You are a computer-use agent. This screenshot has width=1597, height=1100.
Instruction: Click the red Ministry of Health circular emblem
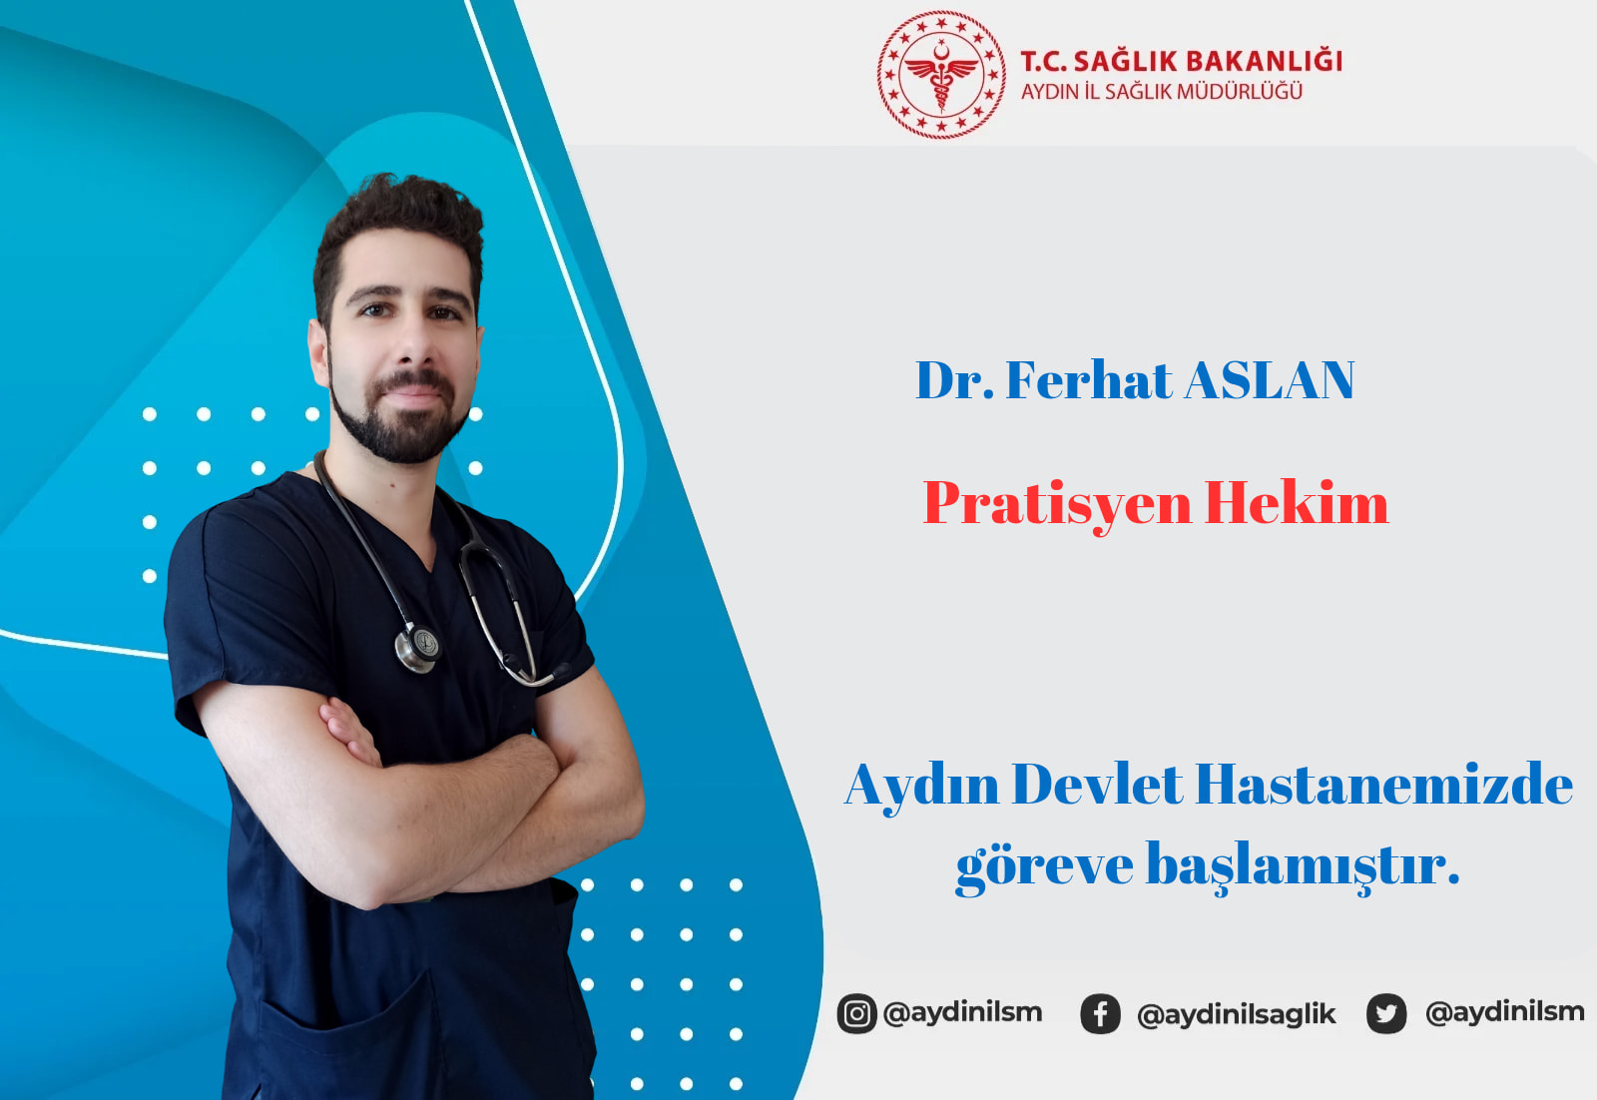click(x=941, y=74)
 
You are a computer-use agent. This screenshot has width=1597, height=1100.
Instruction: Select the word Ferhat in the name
click(x=1088, y=380)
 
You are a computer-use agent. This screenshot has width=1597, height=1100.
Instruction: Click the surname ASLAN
click(x=1269, y=380)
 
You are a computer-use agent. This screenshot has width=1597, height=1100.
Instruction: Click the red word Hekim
click(x=1297, y=503)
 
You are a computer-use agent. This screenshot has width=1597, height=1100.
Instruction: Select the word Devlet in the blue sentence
click(x=1097, y=785)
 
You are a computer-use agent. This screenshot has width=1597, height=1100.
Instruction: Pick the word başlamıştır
click(x=1303, y=864)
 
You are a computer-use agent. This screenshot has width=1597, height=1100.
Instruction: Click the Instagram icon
click(x=856, y=1013)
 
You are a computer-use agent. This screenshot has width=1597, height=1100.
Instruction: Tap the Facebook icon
click(x=1100, y=1014)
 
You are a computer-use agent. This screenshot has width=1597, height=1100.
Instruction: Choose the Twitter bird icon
click(x=1386, y=1013)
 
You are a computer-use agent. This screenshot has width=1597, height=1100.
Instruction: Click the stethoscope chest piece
click(x=418, y=648)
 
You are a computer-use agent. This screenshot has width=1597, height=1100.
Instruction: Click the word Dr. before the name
click(x=954, y=380)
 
